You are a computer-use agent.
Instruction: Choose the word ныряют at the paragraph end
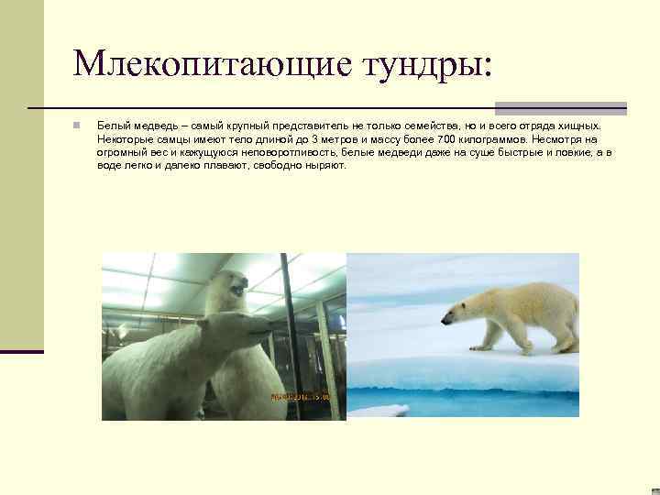326,166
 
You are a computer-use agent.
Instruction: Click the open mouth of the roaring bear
237,291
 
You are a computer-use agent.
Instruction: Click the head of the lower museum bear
243,325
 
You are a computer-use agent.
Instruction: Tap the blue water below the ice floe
458,399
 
